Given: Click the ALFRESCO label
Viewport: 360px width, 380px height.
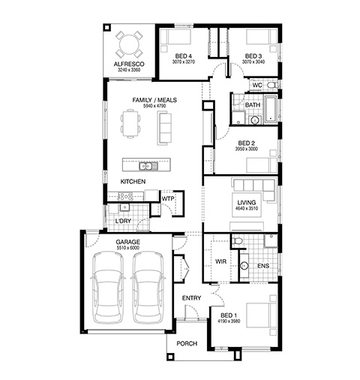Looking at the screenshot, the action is pos(129,64).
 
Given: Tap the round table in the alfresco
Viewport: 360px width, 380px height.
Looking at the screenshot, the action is pos(129,44).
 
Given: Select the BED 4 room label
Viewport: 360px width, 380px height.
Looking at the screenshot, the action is pos(184,56).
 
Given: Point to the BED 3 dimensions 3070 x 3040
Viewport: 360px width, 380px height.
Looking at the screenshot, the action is pos(253,62).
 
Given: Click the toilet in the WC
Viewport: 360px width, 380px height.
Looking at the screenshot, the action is pos(271,85).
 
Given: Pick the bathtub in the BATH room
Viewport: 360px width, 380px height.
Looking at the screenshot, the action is pos(271,110).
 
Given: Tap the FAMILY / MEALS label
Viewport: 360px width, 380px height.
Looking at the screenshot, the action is pos(154,100).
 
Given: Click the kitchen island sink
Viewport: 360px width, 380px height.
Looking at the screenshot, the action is pos(148,166).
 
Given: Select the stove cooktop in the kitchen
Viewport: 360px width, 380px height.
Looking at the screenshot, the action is pos(125,196).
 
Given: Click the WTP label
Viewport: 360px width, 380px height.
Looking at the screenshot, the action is pos(168,199).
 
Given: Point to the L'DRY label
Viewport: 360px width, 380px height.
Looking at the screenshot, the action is pos(123,221).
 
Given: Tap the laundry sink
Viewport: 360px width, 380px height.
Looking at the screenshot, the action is pos(124,207).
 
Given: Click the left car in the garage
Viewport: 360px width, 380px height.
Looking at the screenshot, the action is pos(109,288).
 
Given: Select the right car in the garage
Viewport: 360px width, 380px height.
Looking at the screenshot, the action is pos(148,288).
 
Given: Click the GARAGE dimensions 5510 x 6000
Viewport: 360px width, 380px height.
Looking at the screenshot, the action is pos(127,248).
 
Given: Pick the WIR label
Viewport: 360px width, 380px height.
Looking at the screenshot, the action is pos(220,261).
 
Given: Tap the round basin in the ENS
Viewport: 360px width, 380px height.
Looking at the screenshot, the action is pos(244,266).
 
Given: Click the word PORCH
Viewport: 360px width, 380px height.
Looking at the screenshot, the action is pos(187,343).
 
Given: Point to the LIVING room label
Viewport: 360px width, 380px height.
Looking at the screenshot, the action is pos(247,202).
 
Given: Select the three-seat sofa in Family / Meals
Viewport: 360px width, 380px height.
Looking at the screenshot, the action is pos(164,128).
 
